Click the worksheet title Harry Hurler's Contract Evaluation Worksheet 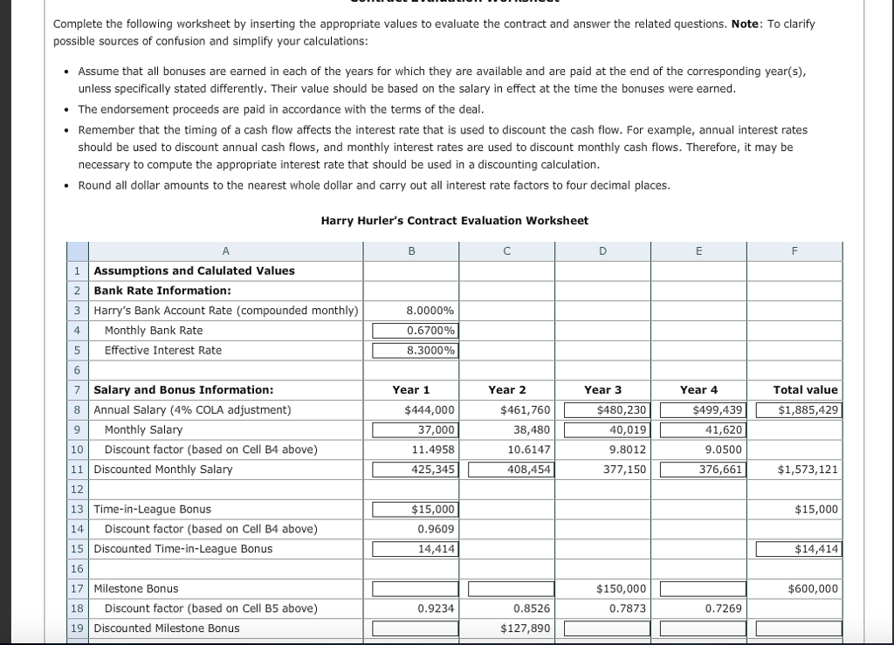point(454,221)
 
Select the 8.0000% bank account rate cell point(430,311)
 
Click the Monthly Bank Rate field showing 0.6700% point(416,331)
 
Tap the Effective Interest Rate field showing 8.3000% point(416,351)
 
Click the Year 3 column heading point(602,390)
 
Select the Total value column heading point(805,390)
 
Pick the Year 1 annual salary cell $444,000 point(430,410)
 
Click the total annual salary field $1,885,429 point(800,410)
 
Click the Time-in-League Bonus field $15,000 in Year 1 point(416,510)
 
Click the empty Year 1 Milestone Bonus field point(416,589)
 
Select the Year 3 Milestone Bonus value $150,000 point(621,589)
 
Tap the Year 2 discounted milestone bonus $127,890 point(525,628)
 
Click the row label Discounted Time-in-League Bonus point(182,549)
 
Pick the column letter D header point(602,251)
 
